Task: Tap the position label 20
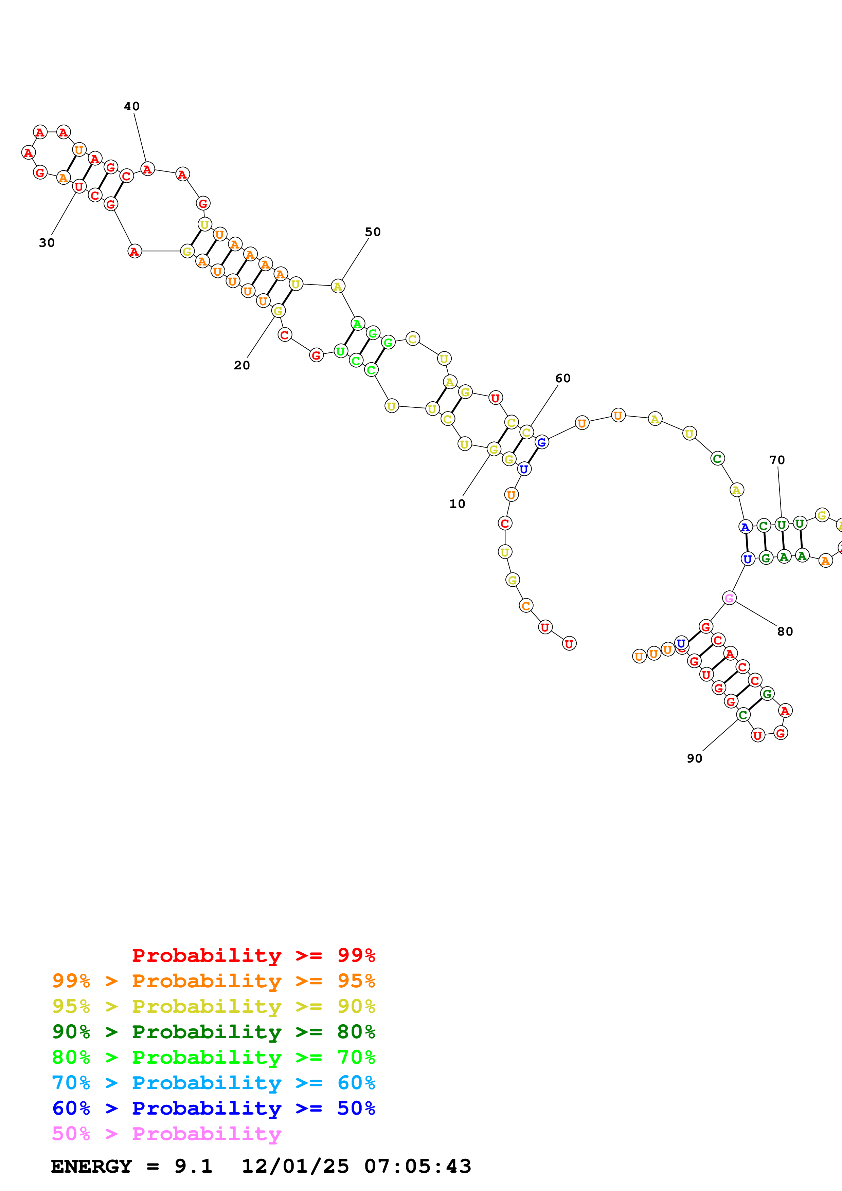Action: point(242,365)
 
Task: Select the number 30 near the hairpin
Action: point(47,243)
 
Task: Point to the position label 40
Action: point(132,106)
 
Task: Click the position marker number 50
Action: point(373,232)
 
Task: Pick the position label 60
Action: point(562,378)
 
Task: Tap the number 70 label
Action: point(777,460)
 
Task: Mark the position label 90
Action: point(694,758)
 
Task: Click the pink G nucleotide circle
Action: point(729,598)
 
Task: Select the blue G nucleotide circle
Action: point(542,442)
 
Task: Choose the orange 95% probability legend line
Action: point(213,981)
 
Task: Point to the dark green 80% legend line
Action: point(213,1032)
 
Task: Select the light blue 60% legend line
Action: point(213,1083)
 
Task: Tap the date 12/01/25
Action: point(295,1166)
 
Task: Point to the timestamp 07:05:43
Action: point(418,1166)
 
